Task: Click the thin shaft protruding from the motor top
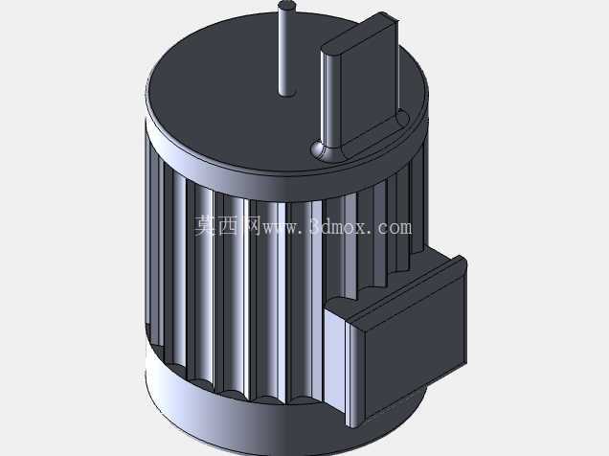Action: tap(287, 49)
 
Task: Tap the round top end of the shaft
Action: tap(287, 6)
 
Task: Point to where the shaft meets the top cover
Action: tap(287, 92)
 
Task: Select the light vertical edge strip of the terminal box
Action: tap(353, 375)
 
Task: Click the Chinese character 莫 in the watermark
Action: tap(205, 226)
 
